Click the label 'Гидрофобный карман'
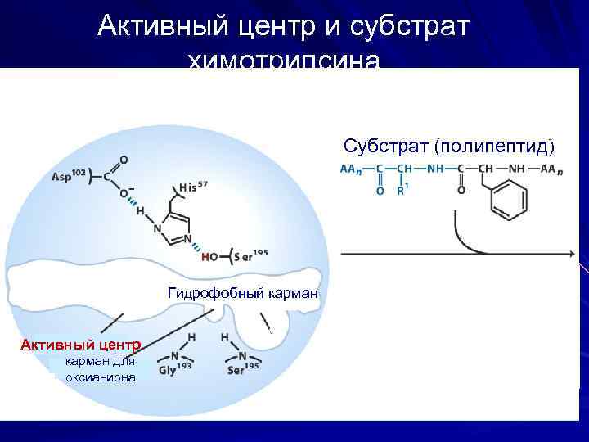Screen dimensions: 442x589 (242, 292)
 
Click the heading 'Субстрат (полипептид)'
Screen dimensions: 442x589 (448, 147)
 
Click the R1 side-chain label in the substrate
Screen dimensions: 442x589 (402, 191)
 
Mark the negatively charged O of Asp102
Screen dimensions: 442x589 (124, 193)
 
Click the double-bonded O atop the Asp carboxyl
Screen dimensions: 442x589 (124, 159)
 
